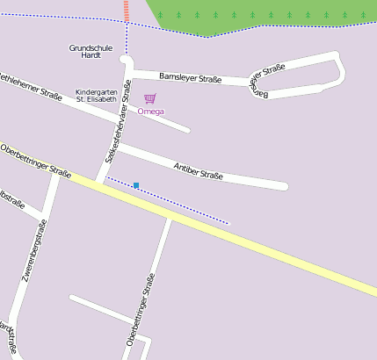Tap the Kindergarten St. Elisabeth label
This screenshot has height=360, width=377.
pos(96,95)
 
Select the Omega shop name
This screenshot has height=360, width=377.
pos(151,112)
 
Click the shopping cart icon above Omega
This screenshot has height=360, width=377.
pos(150,99)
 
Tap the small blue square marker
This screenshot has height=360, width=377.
pos(136,185)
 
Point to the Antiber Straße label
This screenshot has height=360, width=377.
pos(198,170)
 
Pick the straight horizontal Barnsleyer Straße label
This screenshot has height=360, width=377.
pos(190,78)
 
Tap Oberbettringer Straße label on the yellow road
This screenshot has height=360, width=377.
pos(35,160)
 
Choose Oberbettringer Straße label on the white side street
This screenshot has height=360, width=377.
pos(142,309)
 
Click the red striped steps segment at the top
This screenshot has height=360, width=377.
pos(127,11)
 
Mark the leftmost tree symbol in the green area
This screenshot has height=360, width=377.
pos(160,14)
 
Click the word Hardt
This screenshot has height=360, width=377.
pos(91,55)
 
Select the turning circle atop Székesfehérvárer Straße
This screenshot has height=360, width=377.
pos(126,60)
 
